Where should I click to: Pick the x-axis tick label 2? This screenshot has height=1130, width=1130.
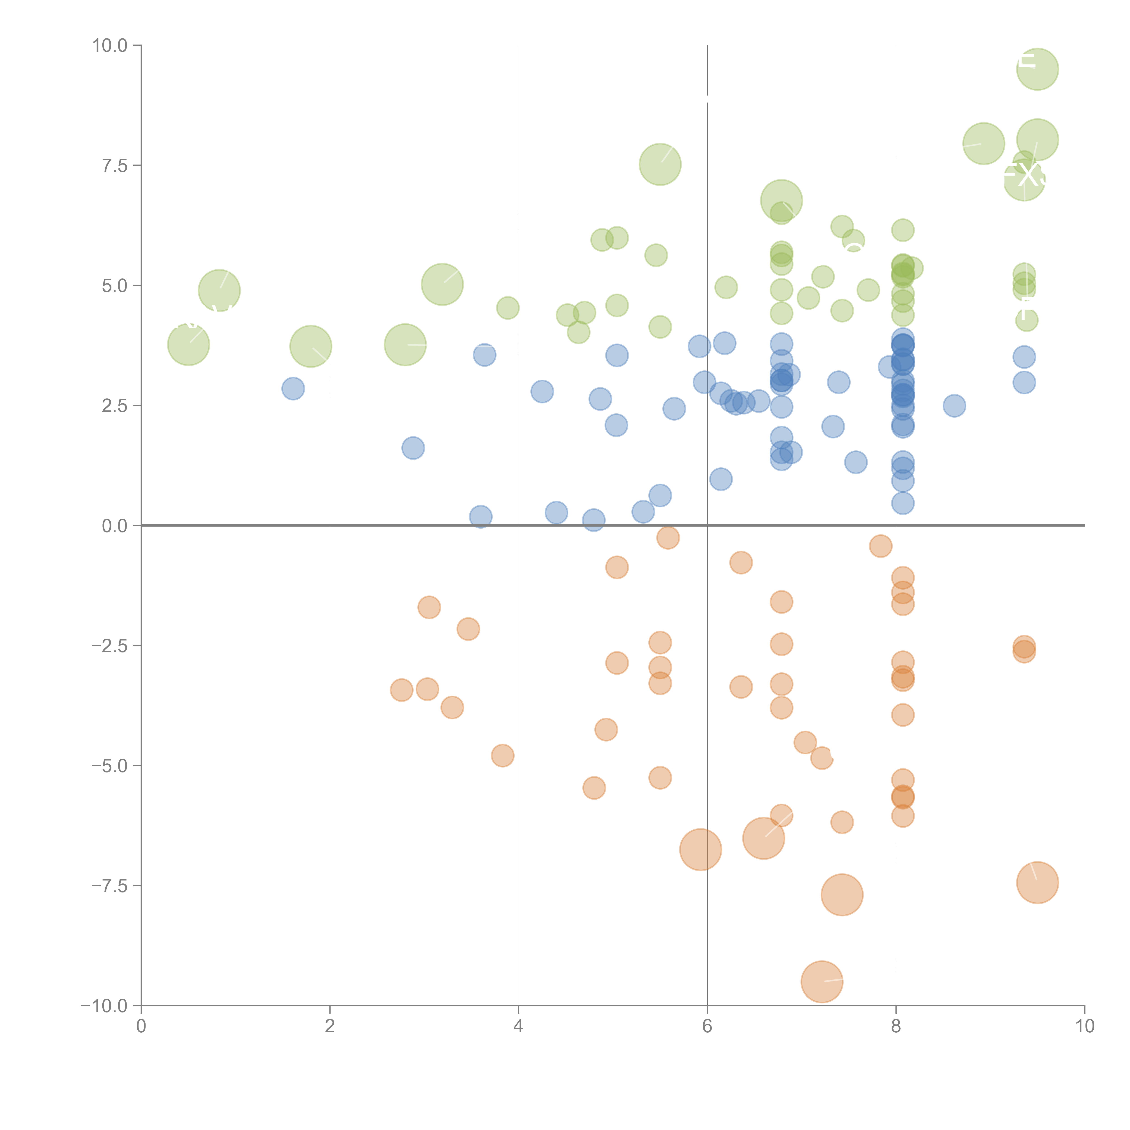(x=330, y=1026)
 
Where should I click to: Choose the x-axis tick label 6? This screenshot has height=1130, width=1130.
(x=707, y=1026)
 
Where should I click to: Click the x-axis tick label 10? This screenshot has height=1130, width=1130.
(x=1084, y=1026)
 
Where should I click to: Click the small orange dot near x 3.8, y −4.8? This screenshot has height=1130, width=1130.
(x=502, y=756)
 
